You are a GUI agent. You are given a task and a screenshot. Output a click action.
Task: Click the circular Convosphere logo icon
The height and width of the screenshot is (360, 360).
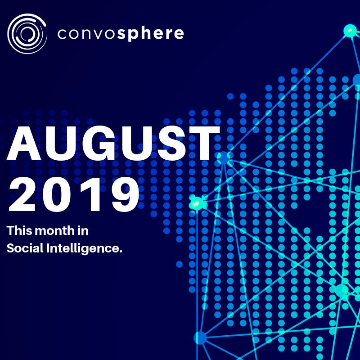(27, 33)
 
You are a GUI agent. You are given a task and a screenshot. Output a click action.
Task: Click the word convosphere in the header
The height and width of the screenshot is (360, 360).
(121, 34)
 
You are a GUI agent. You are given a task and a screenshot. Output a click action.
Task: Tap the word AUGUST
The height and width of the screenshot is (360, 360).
(113, 143)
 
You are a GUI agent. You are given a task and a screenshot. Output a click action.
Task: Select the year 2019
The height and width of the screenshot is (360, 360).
(74, 194)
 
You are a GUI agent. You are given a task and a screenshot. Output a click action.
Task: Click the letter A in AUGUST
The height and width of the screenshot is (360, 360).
(24, 143)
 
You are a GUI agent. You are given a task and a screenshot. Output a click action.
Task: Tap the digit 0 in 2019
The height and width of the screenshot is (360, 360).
(56, 194)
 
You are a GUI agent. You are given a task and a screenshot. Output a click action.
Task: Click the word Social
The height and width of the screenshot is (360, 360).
(25, 248)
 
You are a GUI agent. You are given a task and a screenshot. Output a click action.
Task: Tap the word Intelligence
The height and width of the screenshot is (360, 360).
(82, 249)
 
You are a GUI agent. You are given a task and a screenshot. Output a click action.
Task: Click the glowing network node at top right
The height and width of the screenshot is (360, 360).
(350, 31)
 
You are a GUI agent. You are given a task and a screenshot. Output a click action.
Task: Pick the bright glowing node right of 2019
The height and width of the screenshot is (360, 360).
(197, 203)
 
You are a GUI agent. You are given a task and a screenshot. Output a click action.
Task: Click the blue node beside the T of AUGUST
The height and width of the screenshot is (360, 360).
(223, 157)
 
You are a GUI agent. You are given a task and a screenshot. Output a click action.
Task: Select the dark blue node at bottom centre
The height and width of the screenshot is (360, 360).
(200, 338)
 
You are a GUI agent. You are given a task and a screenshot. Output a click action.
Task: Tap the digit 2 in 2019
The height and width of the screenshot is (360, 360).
(22, 194)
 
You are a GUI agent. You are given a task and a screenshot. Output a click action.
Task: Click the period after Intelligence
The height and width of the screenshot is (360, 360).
(121, 252)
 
